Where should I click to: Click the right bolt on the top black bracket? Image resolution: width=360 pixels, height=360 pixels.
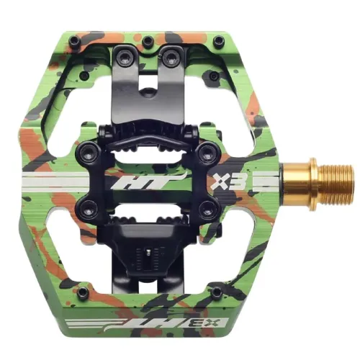coord(174,52)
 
